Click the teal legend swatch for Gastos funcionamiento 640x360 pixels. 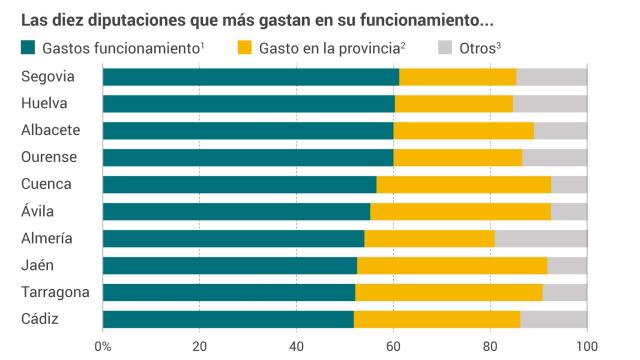tap(28, 48)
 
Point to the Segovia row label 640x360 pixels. tap(47, 77)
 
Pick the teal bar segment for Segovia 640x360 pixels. tap(250, 77)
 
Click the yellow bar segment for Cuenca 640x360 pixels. tap(463, 184)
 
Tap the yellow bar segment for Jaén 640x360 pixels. tap(452, 265)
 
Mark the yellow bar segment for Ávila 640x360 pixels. tap(460, 211)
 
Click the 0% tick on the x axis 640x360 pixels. tap(103, 345)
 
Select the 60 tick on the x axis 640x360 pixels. tap(393, 345)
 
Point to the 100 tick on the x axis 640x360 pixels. tap(587, 345)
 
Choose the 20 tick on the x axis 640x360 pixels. tap(199, 345)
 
